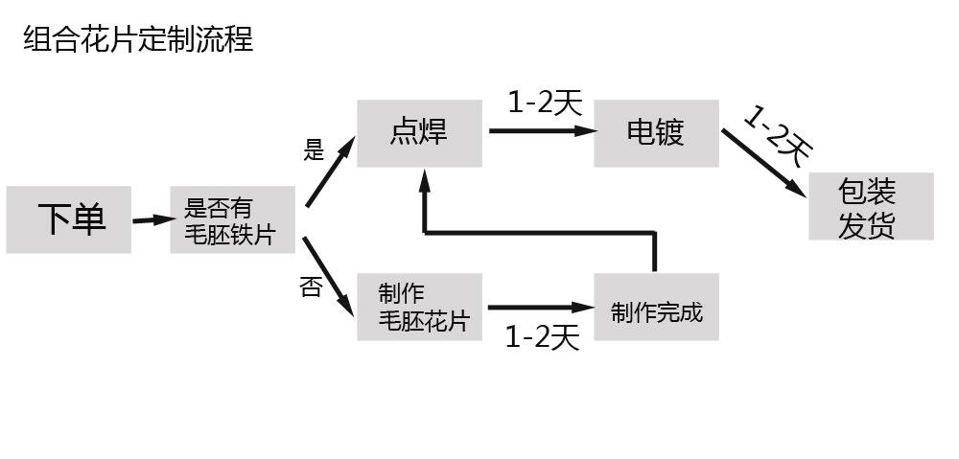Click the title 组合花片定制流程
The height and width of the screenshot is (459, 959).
[138, 40]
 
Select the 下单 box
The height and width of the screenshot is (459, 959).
[69, 220]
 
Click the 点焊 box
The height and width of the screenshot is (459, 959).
[419, 133]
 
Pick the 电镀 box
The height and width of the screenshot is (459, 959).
[656, 133]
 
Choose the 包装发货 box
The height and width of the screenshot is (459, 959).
[871, 207]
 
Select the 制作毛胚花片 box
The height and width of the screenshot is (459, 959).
[419, 307]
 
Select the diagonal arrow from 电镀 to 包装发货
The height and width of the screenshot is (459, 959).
[763, 163]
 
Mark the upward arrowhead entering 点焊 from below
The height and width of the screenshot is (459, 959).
[423, 179]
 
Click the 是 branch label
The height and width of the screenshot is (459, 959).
[315, 150]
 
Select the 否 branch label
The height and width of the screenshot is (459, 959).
[311, 287]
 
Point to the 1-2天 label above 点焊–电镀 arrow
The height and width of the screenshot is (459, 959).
[545, 103]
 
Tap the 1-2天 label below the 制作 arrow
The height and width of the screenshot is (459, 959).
[542, 337]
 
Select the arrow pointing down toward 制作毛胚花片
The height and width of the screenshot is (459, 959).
[330, 276]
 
